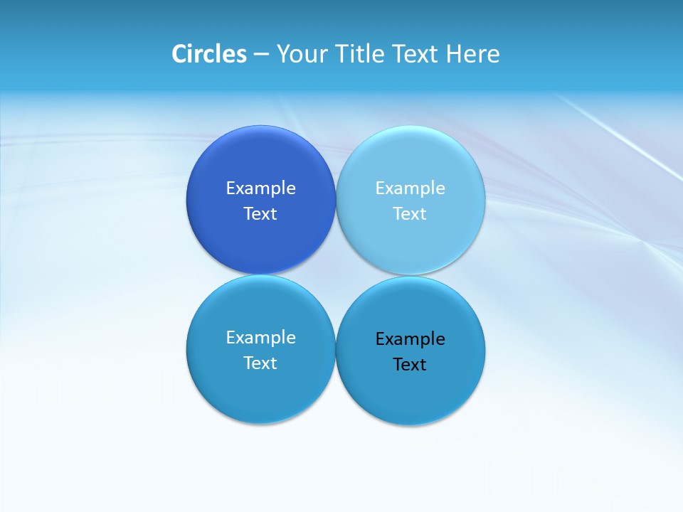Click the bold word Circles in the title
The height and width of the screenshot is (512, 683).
point(209,54)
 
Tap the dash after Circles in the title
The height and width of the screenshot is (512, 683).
point(261,54)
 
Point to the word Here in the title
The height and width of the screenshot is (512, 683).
point(473,54)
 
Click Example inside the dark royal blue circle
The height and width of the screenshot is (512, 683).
point(261,188)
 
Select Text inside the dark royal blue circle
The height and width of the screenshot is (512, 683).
point(260,214)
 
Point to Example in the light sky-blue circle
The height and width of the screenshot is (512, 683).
point(411,188)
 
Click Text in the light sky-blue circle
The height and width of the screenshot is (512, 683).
point(410,214)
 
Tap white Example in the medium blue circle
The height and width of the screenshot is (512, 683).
point(261,338)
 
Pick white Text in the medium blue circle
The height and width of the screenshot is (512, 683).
point(260,363)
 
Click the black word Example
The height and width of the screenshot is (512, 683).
point(411,339)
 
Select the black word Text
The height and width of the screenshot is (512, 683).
point(410,365)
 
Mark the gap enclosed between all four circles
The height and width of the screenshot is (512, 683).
point(336,275)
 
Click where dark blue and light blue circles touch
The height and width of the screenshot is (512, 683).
point(336,201)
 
